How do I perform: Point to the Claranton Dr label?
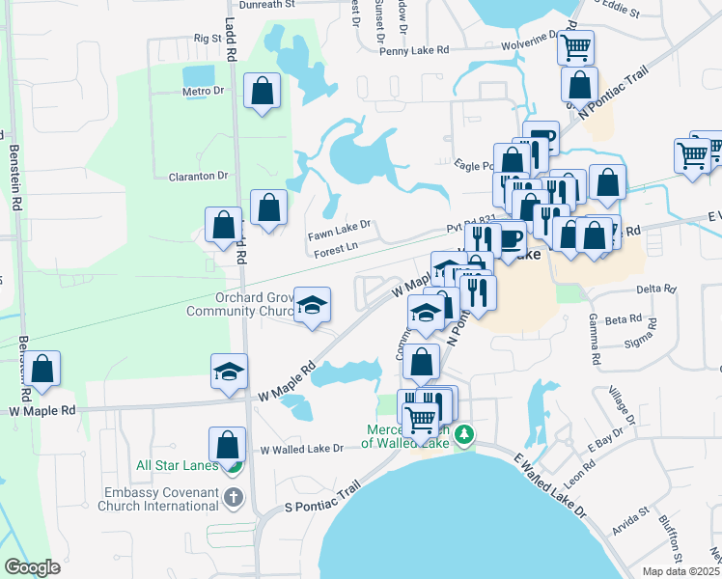click(198, 176)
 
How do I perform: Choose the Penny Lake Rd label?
click(415, 48)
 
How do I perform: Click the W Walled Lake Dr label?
click(302, 449)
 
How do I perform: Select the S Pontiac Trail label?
click(321, 500)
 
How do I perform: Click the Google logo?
click(32, 567)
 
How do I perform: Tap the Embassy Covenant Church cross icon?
click(232, 498)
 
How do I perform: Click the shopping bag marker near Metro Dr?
click(262, 92)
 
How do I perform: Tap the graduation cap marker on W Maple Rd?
click(230, 372)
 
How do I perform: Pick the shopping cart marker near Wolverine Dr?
click(576, 45)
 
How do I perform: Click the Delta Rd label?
click(654, 289)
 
